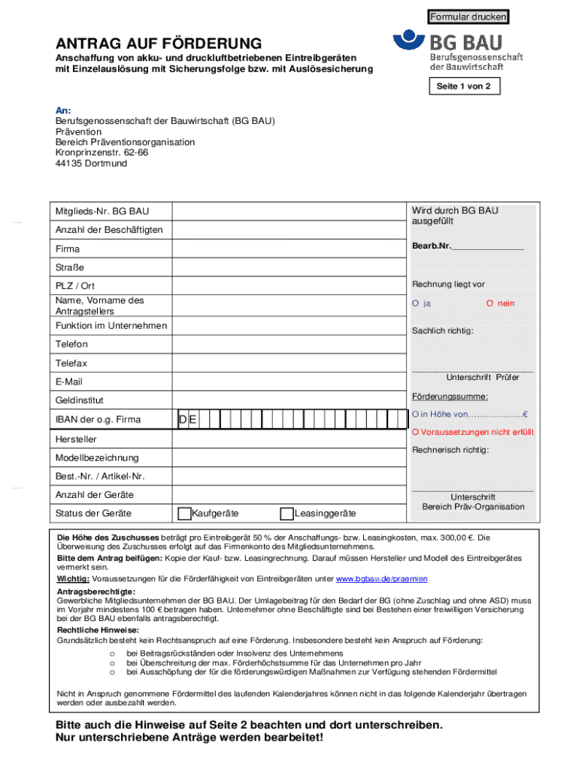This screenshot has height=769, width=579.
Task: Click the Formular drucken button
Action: click(468, 17)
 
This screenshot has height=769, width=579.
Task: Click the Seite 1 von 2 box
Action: click(464, 86)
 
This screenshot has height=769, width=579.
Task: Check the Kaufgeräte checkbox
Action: click(184, 514)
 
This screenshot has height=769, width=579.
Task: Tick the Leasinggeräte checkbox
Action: click(286, 514)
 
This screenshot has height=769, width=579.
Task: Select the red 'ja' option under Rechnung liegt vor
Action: click(421, 303)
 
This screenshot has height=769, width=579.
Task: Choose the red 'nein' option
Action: click(500, 303)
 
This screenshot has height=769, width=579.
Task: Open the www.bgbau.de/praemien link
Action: click(381, 579)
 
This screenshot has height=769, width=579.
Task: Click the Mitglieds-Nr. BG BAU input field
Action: click(289, 211)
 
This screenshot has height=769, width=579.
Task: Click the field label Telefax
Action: click(71, 363)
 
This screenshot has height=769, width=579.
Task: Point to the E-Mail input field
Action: click(289, 382)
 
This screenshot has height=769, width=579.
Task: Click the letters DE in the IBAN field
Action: click(188, 420)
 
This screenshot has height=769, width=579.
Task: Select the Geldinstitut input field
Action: click(289, 401)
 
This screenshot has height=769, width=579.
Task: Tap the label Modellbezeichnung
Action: click(96, 457)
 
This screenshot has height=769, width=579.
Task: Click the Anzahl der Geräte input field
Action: click(289, 495)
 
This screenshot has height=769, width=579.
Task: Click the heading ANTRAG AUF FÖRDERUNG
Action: click(158, 44)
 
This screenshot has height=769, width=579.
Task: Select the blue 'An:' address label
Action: click(63, 110)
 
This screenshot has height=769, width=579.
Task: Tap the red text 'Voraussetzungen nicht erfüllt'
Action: click(472, 433)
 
